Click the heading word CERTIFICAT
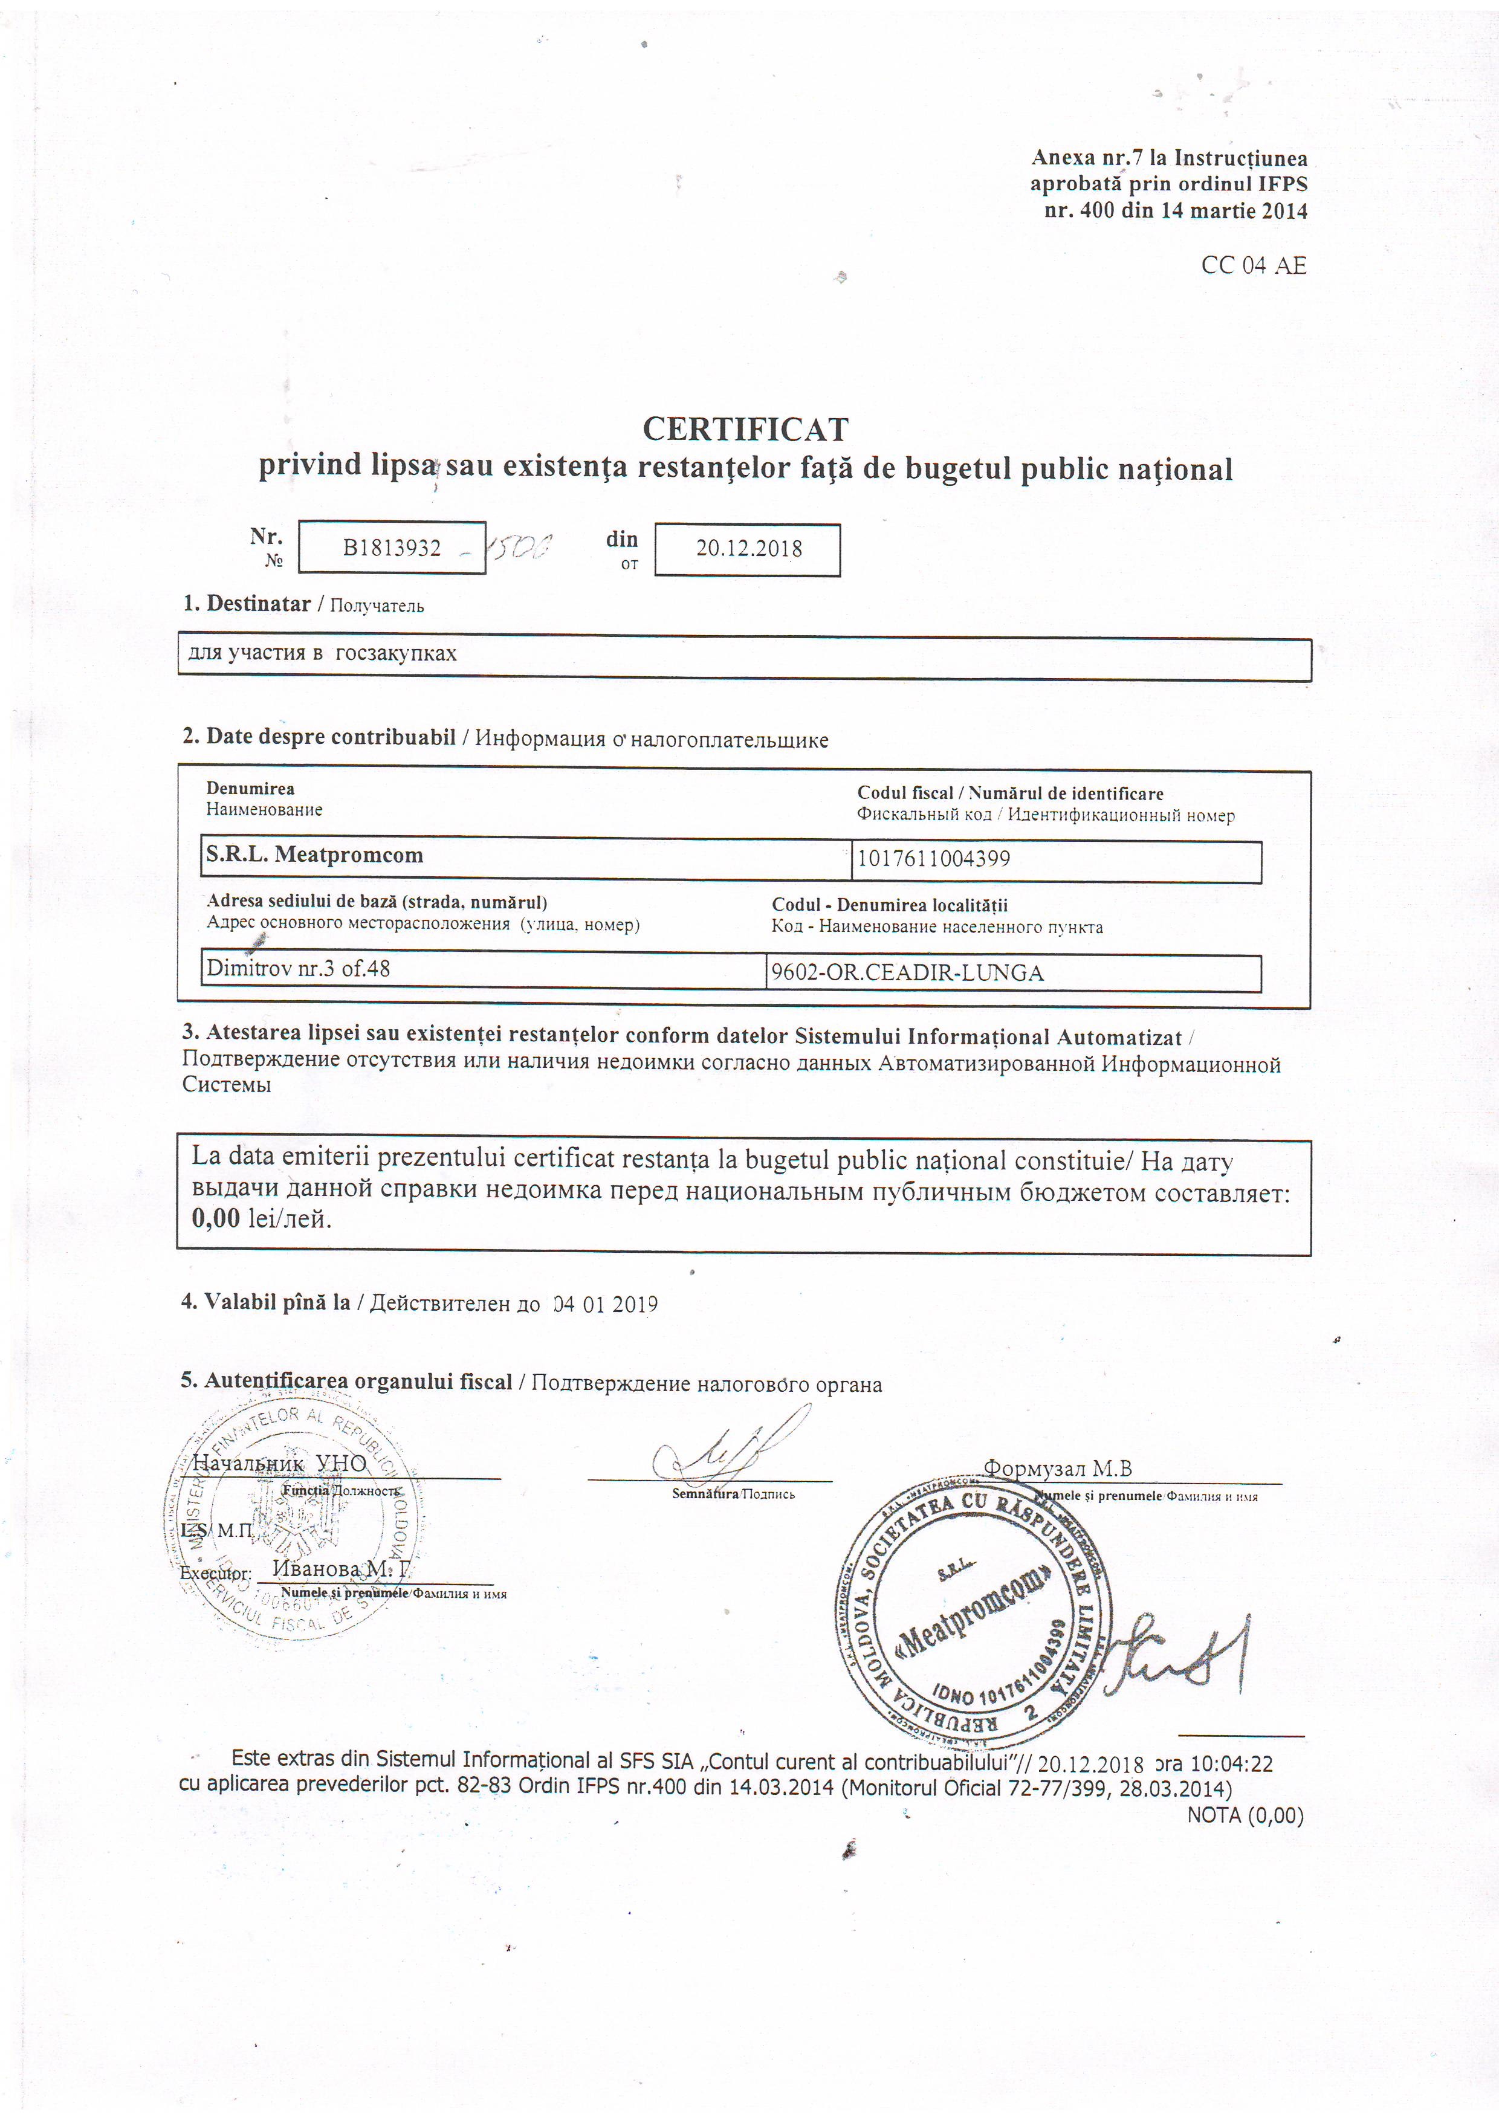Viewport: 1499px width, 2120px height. pyautogui.click(x=745, y=429)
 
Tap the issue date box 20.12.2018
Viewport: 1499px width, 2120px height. pyautogui.click(x=748, y=549)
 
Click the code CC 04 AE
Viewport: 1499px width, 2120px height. pyautogui.click(x=1254, y=266)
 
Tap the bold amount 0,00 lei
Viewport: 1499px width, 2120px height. pyautogui.click(x=261, y=1219)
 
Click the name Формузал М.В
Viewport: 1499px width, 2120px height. pyautogui.click(x=1058, y=1468)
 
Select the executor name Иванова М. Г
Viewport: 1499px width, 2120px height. pyautogui.click(x=340, y=1569)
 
